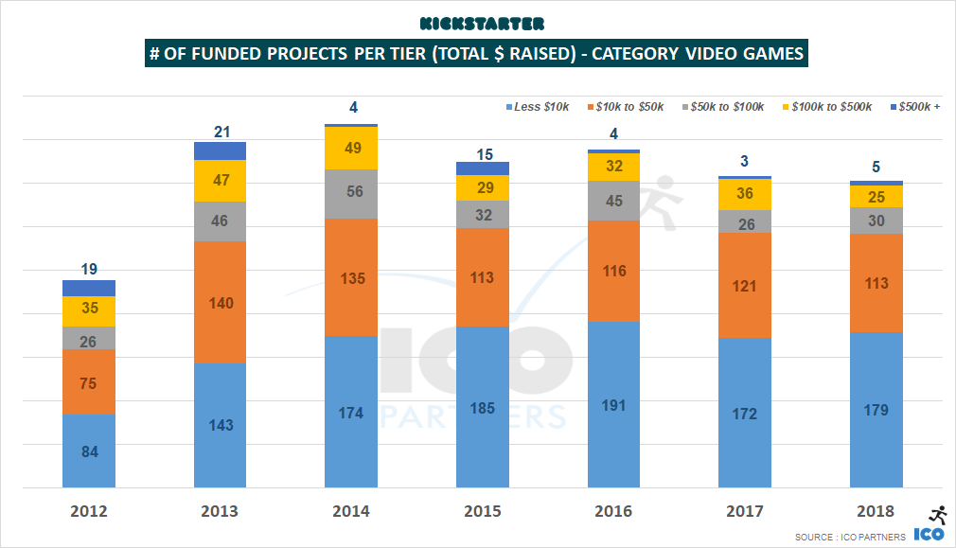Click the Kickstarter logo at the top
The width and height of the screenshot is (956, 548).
[477, 22]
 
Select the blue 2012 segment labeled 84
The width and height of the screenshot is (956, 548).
[89, 451]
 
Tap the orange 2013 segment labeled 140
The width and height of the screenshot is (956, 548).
[220, 303]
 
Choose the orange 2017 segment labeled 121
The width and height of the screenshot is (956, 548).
[745, 286]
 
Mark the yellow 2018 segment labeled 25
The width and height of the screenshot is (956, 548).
[876, 197]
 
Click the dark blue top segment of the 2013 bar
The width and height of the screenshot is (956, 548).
[220, 150]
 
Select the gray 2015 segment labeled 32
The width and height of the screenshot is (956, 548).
[483, 215]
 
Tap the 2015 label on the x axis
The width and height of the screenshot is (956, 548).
[483, 512]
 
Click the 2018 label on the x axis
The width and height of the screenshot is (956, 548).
[876, 512]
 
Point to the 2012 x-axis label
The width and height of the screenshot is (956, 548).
[89, 512]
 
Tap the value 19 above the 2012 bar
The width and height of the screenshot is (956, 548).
[89, 269]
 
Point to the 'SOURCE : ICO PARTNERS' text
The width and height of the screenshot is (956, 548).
[850, 537]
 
